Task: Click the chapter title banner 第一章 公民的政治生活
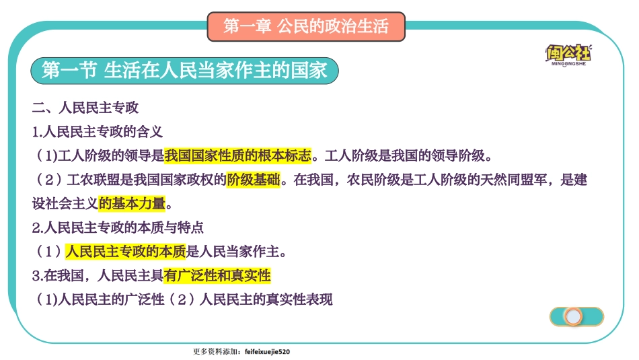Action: tap(306, 27)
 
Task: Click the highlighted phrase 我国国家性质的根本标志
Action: tap(238, 156)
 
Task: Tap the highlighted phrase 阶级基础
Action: tap(253, 180)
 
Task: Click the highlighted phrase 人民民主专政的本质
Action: tap(125, 252)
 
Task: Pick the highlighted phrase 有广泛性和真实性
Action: tap(217, 276)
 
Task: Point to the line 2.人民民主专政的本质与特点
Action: tap(118, 228)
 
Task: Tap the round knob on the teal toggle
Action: tap(573, 316)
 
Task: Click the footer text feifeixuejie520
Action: tap(268, 351)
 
